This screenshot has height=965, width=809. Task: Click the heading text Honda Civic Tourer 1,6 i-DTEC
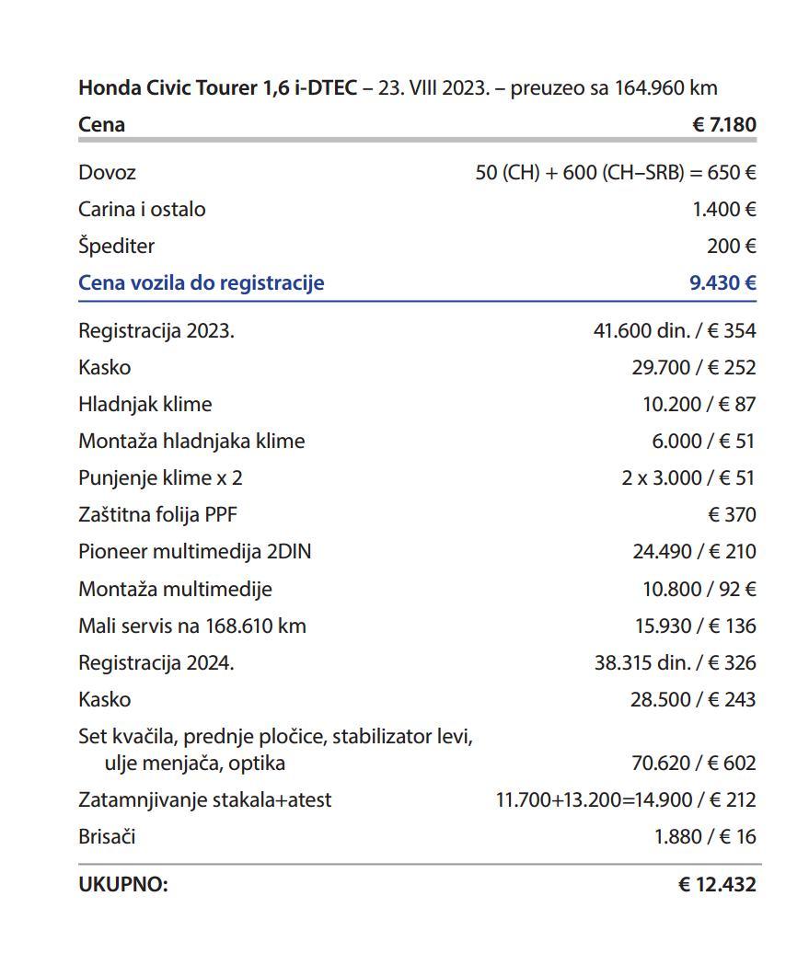click(217, 88)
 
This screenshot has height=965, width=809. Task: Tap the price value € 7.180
click(723, 124)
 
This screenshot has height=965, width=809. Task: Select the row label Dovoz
click(107, 172)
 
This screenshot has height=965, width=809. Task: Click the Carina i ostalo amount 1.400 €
click(723, 209)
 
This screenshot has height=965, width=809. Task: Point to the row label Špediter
click(116, 246)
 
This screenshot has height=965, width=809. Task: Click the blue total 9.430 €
click(722, 282)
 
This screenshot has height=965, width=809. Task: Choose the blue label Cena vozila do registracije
click(201, 282)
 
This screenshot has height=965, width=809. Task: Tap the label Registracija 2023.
click(156, 330)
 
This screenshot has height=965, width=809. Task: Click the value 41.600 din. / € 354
click(675, 330)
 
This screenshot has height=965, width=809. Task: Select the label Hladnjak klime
click(144, 404)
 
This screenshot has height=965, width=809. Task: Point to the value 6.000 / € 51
click(703, 441)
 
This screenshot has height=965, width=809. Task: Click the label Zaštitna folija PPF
click(157, 514)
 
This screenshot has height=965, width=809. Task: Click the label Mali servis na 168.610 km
click(191, 626)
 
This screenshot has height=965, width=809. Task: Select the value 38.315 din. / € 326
click(675, 662)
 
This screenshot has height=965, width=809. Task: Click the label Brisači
click(107, 836)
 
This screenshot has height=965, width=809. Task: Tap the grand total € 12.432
click(717, 885)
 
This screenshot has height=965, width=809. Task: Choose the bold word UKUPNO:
click(123, 885)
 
